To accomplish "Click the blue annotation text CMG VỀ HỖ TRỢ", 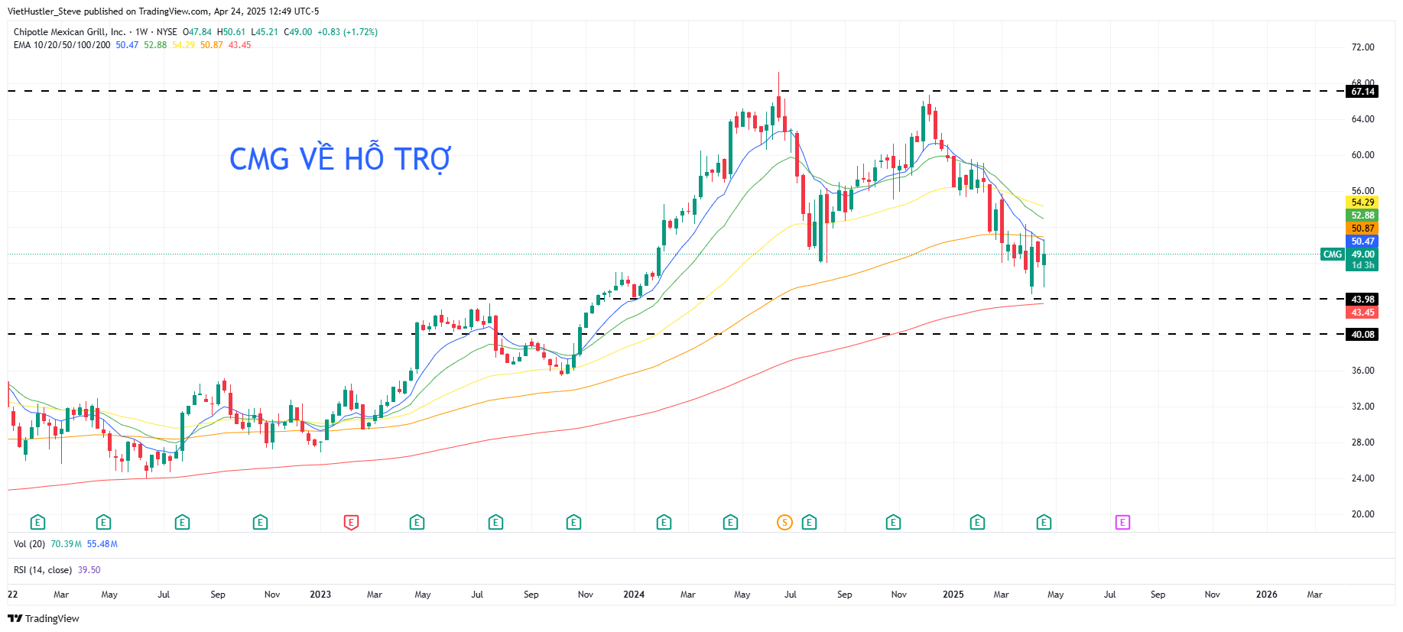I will pyautogui.click(x=340, y=159).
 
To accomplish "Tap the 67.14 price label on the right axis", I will pyautogui.click(x=1362, y=92).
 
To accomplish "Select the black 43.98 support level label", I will pyautogui.click(x=1362, y=300).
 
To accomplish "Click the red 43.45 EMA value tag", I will pyautogui.click(x=1362, y=313).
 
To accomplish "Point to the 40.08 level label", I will pyautogui.click(x=1362, y=335).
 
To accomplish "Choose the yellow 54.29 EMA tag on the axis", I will pyautogui.click(x=1362, y=203).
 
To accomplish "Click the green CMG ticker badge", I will pyautogui.click(x=1332, y=254).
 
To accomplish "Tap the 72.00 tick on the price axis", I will pyautogui.click(x=1362, y=47).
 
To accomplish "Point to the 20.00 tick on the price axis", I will pyautogui.click(x=1362, y=514).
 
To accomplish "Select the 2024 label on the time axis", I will pyautogui.click(x=634, y=595).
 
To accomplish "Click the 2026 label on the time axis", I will pyautogui.click(x=1266, y=595).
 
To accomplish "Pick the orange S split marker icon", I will pyautogui.click(x=784, y=523).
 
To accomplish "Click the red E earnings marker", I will pyautogui.click(x=351, y=523).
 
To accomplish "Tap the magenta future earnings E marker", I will pyautogui.click(x=1122, y=523).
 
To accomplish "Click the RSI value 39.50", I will pyautogui.click(x=89, y=570).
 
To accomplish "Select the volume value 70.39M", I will pyautogui.click(x=66, y=544).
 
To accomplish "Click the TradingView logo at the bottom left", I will pyautogui.click(x=44, y=618).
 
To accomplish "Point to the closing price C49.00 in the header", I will pyautogui.click(x=298, y=32).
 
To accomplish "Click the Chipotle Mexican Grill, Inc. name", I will pyautogui.click(x=69, y=32).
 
